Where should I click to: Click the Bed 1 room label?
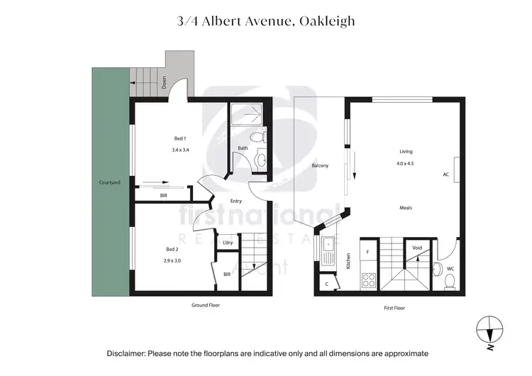179,138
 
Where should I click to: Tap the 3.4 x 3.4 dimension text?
180,150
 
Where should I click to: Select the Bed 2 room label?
172,249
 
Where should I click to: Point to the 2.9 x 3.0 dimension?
172,261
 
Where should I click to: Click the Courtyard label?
110,183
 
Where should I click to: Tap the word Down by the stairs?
163,82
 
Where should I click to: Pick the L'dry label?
228,243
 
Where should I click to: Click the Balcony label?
320,166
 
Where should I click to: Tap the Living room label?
405,152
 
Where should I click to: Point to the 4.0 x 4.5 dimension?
405,164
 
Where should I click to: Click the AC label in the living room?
446,174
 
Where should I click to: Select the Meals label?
405,208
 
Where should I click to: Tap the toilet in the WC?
449,282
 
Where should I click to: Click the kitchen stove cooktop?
369,280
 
